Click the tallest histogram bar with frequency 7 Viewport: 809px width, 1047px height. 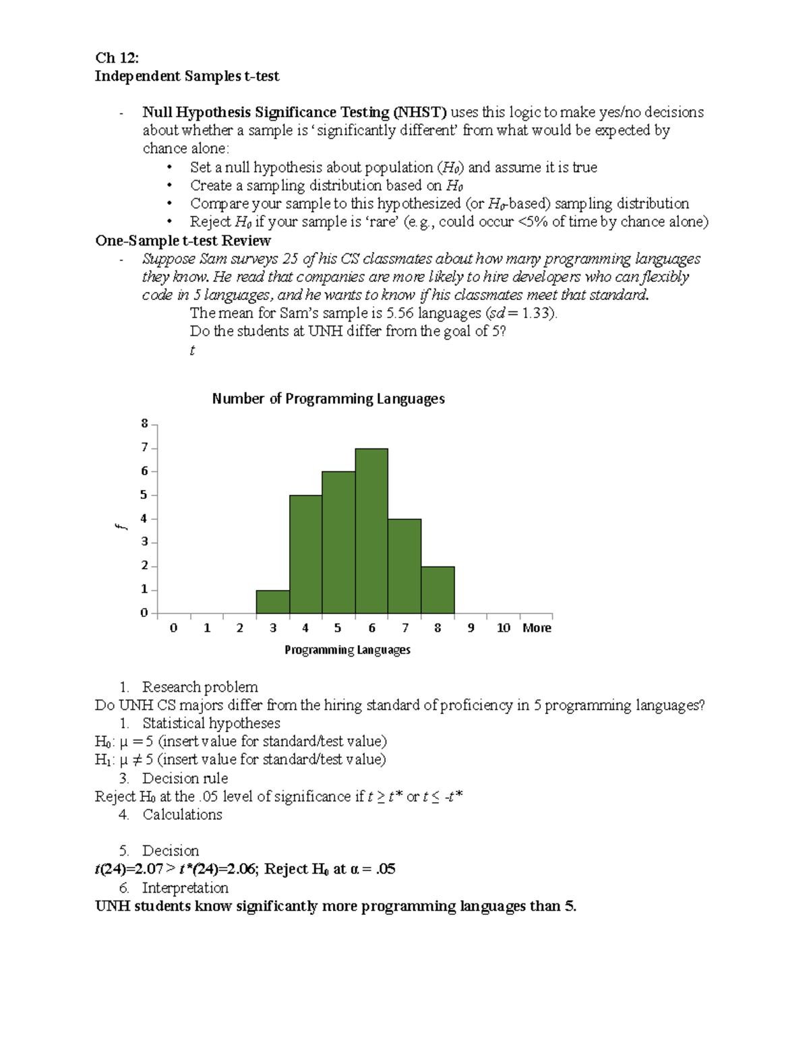pyautogui.click(x=371, y=531)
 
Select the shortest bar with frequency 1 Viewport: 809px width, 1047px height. pyautogui.click(x=272, y=602)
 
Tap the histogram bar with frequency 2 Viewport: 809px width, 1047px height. pyautogui.click(x=438, y=590)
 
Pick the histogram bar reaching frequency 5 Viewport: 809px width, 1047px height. pyautogui.click(x=305, y=554)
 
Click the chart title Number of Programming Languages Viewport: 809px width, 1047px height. pyautogui.click(x=328, y=398)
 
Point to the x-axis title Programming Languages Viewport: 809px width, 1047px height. pyautogui.click(x=347, y=650)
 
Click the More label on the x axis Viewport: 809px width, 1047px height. pyautogui.click(x=537, y=628)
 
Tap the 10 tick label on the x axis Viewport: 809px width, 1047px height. pyautogui.click(x=503, y=628)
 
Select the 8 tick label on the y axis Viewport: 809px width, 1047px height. pyautogui.click(x=144, y=424)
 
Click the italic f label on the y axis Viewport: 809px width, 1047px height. pyautogui.click(x=120, y=527)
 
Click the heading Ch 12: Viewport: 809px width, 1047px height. pyautogui.click(x=117, y=58)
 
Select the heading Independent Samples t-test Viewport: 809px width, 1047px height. pyautogui.click(x=187, y=76)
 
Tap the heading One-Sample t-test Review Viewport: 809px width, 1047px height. pyautogui.click(x=183, y=241)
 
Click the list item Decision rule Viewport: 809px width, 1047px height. pyautogui.click(x=185, y=778)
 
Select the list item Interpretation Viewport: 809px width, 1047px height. pyautogui.click(x=185, y=887)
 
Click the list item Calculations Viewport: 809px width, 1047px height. pyautogui.click(x=182, y=814)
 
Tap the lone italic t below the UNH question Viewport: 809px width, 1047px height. pyautogui.click(x=192, y=350)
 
